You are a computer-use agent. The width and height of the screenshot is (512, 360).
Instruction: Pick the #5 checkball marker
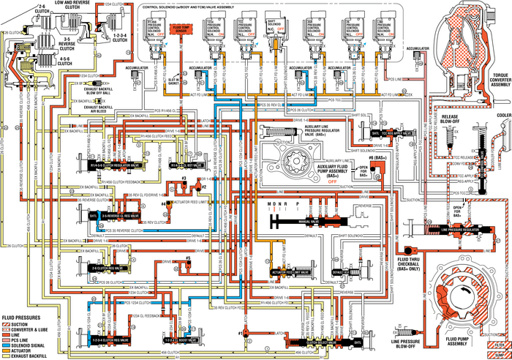pyautogui.click(x=189, y=258)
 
